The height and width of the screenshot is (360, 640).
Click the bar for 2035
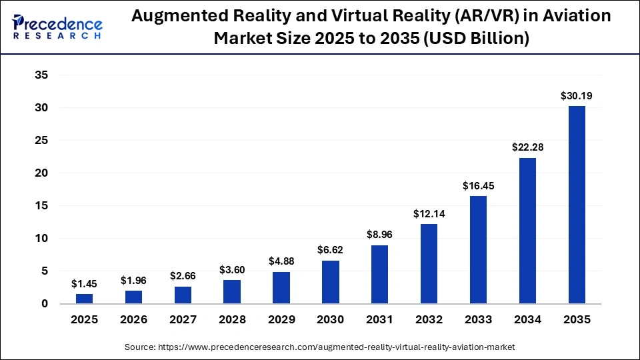(x=577, y=205)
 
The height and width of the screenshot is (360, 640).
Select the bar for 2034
(x=527, y=231)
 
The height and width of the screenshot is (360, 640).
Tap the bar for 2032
(x=429, y=264)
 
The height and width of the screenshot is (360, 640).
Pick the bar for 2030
(x=331, y=282)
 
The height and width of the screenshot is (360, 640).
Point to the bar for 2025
(x=85, y=299)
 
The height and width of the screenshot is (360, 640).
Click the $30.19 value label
(x=577, y=96)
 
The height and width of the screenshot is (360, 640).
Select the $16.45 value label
(x=478, y=186)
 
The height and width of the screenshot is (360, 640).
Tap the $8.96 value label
(x=380, y=235)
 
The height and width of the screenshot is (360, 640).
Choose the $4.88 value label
(x=281, y=261)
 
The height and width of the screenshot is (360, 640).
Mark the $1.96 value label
(x=134, y=281)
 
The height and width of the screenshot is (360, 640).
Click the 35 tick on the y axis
(x=41, y=75)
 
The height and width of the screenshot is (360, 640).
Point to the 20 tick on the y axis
(x=41, y=173)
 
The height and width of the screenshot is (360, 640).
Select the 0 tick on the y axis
(x=45, y=304)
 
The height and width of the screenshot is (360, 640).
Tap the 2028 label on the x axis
(x=232, y=320)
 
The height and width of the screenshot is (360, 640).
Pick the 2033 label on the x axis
(x=478, y=320)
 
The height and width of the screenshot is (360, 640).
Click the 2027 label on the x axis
(x=183, y=320)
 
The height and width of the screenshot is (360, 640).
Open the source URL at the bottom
(x=320, y=347)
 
